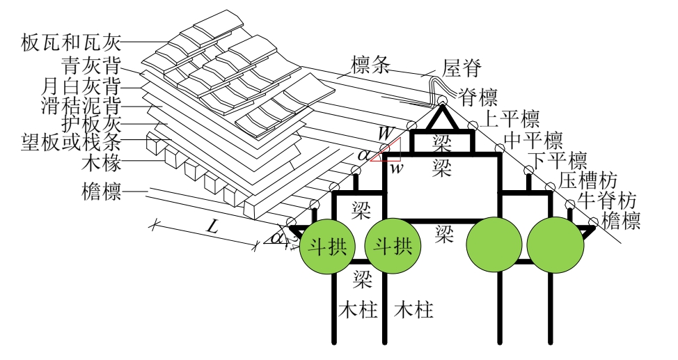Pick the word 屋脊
(x=462, y=69)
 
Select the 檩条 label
(x=358, y=65)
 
